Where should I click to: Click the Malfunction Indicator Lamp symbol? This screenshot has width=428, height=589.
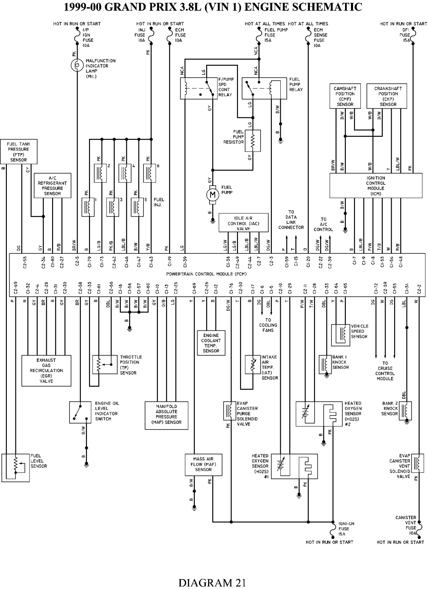point(77,65)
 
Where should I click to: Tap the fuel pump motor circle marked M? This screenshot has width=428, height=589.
point(213,195)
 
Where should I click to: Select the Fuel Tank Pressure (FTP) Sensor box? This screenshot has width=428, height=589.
point(19,152)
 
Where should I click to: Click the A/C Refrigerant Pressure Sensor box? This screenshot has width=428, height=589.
point(53,186)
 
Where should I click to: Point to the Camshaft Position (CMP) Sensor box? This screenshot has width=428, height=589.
point(345,96)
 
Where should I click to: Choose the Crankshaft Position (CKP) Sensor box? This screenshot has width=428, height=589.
point(386,96)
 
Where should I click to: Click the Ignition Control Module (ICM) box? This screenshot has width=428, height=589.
point(376,186)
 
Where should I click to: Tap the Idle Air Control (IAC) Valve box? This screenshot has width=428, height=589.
point(244,223)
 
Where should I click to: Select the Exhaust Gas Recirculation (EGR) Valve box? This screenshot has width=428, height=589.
point(46,371)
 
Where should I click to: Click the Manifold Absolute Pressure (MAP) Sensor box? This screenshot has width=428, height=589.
point(166,415)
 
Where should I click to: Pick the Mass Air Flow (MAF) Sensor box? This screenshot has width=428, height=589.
point(203,465)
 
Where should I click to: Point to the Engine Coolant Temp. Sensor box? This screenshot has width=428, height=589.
point(211,343)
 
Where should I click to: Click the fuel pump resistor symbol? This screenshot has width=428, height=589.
point(253,141)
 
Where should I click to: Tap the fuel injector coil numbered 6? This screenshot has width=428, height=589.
point(150,173)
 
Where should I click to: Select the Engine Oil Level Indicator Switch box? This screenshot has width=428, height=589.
point(80,412)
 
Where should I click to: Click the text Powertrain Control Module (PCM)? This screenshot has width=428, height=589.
point(206,274)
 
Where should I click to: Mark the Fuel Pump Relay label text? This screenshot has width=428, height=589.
point(296,84)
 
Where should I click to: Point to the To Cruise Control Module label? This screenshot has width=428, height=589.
point(385,371)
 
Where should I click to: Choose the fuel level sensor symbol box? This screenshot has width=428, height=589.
point(15,468)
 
